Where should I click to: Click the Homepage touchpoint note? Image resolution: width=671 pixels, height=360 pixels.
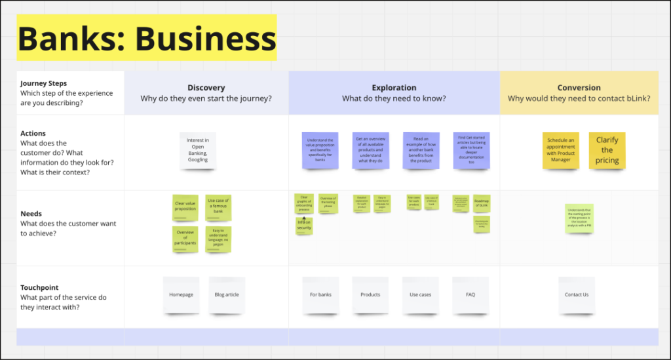[181, 294]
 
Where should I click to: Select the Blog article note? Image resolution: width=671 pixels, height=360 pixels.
[227, 294]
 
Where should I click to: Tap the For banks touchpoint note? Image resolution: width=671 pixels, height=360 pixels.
[320, 294]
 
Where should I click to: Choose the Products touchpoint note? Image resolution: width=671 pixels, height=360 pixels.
[370, 294]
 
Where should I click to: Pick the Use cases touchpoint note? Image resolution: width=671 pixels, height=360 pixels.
[420, 294]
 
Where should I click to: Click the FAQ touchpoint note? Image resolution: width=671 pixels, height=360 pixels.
[470, 294]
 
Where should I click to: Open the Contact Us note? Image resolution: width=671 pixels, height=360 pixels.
[577, 294]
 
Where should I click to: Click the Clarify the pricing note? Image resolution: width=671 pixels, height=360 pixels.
[607, 150]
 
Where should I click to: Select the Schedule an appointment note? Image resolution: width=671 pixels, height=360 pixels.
[561, 150]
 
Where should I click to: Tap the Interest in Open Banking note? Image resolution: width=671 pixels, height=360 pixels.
[198, 150]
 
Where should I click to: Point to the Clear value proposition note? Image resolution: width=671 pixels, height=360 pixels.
[185, 207]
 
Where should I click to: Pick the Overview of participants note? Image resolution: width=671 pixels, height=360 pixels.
[185, 239]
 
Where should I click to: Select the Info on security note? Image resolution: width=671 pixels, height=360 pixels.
[304, 225]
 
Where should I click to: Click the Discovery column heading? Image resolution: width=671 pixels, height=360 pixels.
[206, 88]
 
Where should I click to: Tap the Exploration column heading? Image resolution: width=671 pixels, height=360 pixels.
[394, 88]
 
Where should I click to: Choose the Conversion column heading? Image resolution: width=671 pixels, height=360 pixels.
[579, 88]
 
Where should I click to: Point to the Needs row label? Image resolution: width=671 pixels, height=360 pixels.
[31, 213]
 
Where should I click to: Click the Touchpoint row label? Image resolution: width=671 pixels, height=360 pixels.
[39, 287]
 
